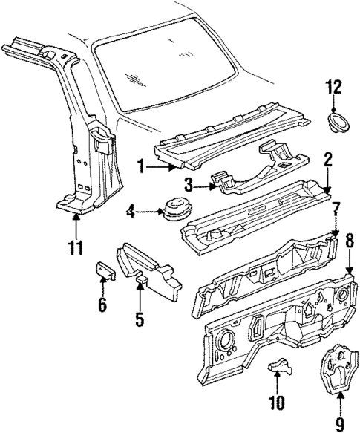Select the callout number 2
(x=327, y=160)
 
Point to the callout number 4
(x=131, y=215)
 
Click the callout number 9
(x=339, y=424)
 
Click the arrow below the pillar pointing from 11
(x=77, y=224)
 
